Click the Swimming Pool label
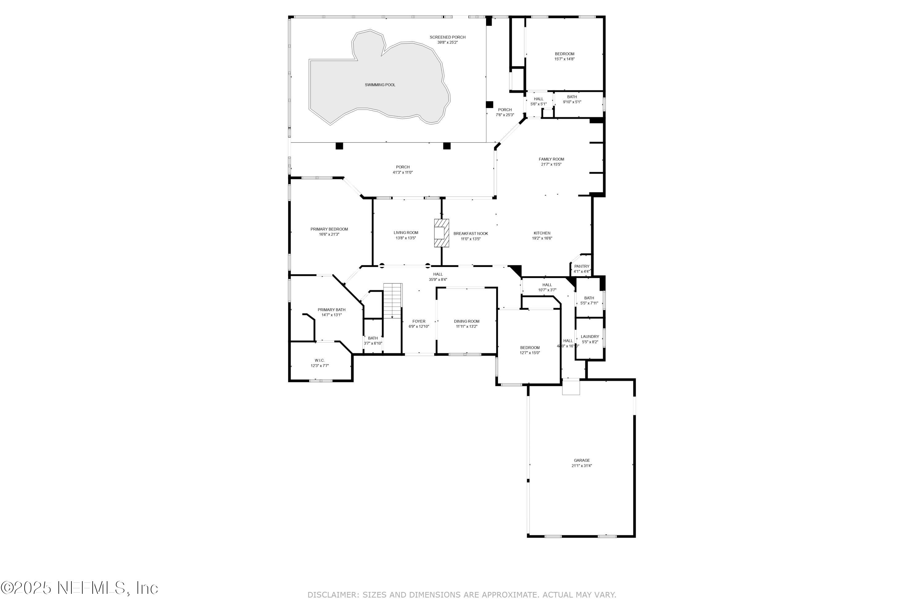380,85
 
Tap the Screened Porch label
448,37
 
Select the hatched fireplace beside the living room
441,233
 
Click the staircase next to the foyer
393,301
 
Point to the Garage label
582,460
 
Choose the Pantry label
582,266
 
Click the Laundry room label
590,337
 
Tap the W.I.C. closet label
319,361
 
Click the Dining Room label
467,321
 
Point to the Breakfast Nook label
471,234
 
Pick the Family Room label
551,160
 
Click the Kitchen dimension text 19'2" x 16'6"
542,238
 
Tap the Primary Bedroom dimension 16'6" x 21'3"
329,234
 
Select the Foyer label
419,321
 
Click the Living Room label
406,233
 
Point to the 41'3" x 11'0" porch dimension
403,172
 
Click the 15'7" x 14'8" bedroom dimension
565,59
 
